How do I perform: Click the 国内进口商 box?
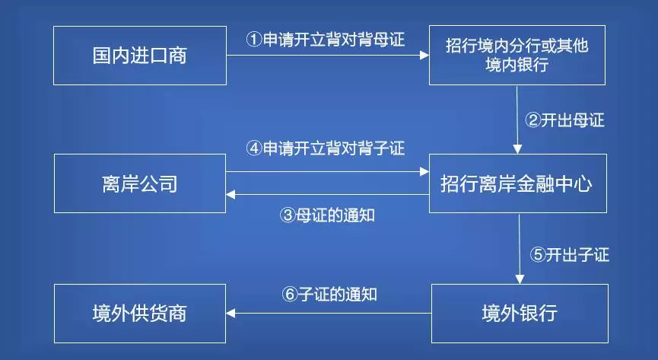click(140, 55)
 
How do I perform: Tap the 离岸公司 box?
click(140, 183)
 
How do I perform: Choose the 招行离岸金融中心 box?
click(517, 183)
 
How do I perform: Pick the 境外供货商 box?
click(140, 312)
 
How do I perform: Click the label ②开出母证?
click(565, 119)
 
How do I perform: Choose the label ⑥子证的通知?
click(329, 293)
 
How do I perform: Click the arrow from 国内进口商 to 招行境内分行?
click(327, 55)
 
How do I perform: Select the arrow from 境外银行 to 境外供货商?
click(329, 312)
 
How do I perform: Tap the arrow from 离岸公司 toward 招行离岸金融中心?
click(327, 171)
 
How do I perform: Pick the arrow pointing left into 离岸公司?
click(327, 196)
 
